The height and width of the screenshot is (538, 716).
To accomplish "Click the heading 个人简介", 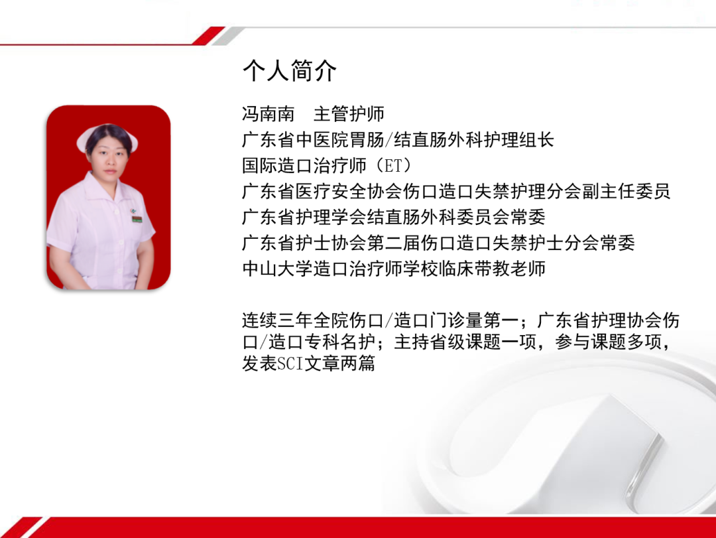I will point(289,71).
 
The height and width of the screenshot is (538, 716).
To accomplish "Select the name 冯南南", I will point(268,114).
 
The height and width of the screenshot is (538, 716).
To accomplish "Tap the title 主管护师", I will point(349,114).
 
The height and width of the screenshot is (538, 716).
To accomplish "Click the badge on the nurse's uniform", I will point(136,216).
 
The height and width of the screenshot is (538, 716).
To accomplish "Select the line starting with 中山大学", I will point(394,269).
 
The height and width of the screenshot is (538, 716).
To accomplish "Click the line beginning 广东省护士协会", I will point(438,243).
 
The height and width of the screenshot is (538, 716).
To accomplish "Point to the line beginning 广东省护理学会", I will point(394,218).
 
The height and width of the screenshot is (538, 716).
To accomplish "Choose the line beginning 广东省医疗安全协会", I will point(456,192).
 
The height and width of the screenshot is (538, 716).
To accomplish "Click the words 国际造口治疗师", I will point(304,166).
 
